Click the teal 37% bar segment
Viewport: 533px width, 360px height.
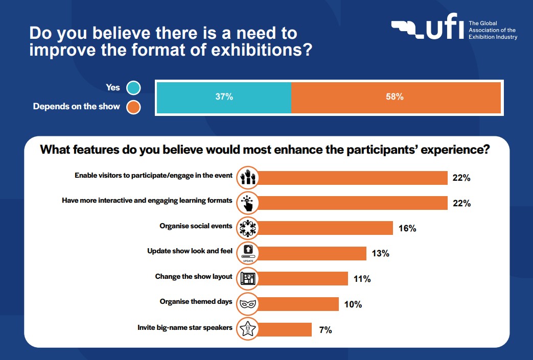pyautogui.click(x=223, y=97)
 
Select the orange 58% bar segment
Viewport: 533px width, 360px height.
pyautogui.click(x=396, y=97)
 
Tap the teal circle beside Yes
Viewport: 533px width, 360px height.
pyautogui.click(x=133, y=88)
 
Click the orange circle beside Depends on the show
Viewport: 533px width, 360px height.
pyautogui.click(x=133, y=107)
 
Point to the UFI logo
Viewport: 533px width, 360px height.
pyautogui.click(x=428, y=30)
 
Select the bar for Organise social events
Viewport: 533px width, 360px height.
pyautogui.click(x=327, y=228)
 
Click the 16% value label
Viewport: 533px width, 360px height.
pyautogui.click(x=407, y=228)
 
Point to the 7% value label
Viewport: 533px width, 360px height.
pyautogui.click(x=326, y=330)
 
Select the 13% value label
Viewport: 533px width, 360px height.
pyautogui.click(x=381, y=253)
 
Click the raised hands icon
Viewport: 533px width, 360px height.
pyautogui.click(x=248, y=178)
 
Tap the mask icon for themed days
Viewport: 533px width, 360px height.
pyautogui.click(x=248, y=304)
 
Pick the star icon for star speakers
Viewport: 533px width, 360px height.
pyautogui.click(x=248, y=329)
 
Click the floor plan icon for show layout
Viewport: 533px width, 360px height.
pyautogui.click(x=248, y=279)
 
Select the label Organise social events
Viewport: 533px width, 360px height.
pyautogui.click(x=196, y=226)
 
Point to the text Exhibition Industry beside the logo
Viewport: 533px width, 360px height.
pyautogui.click(x=493, y=37)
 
